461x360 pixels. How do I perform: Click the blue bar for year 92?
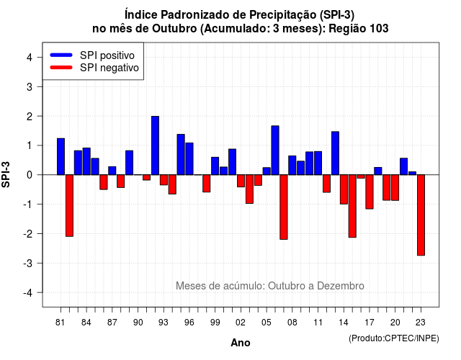coord(156,145)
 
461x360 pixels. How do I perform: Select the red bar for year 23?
coord(421,215)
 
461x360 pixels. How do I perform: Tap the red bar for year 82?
coord(69,205)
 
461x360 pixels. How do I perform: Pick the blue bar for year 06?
coord(275,150)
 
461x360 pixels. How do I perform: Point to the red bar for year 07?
coord(284,207)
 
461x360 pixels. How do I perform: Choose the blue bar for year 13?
coord(335,153)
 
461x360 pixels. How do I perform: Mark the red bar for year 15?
coord(352,206)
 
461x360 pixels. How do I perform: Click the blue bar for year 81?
coord(61,156)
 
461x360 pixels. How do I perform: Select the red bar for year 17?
coord(370,192)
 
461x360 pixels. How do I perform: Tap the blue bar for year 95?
coord(181,155)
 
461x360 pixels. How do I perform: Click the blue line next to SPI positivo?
coord(61,55)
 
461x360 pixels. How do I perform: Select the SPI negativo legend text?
coord(109,68)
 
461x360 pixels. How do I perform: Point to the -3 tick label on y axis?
coord(29,263)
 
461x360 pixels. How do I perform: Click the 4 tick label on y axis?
coord(30,58)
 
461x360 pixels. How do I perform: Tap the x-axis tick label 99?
coord(215,323)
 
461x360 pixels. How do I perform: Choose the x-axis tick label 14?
coord(344,323)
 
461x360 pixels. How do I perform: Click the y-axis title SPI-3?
coord(6,174)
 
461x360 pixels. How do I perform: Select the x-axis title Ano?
coord(241,343)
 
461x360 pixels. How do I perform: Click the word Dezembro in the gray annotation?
coord(341,286)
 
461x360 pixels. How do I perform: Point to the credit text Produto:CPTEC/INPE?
coord(394,338)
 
